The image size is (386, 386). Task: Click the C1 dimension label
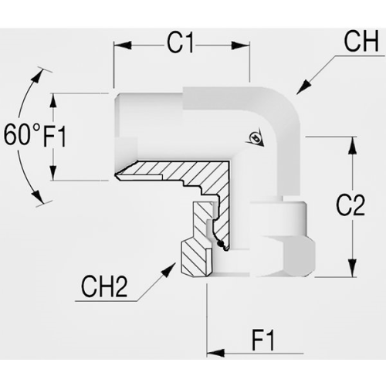[x=180, y=43]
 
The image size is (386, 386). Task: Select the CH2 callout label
[x=104, y=287]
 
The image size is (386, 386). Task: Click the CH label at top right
[x=361, y=41]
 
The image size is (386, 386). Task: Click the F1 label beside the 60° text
[x=55, y=136]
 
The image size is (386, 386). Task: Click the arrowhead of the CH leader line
[x=303, y=87]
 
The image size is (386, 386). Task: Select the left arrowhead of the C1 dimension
[x=123, y=46]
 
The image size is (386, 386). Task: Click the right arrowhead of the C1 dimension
[x=241, y=46]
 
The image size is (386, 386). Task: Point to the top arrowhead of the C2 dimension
[x=352, y=146]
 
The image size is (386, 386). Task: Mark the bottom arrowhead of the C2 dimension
[x=352, y=268]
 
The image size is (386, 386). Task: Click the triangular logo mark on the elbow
[x=255, y=137]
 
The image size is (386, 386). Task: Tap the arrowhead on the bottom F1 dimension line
[x=215, y=353]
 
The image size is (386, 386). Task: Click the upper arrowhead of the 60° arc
[x=36, y=76]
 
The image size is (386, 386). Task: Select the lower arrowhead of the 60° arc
[x=37, y=197]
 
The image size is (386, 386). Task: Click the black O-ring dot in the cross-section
[x=219, y=243]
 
